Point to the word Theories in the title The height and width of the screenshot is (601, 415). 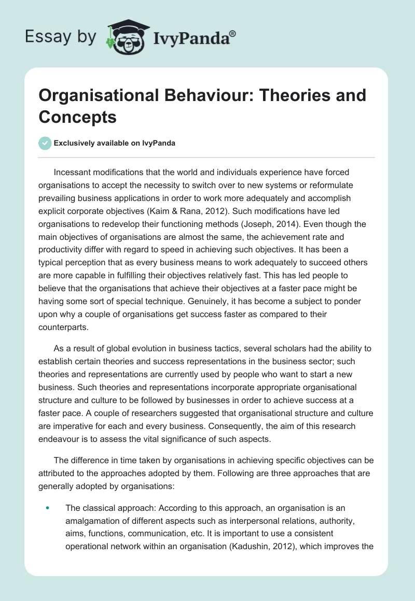[x=300, y=95]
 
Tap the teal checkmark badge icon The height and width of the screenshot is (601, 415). [x=45, y=144]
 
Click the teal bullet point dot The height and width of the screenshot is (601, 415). [x=48, y=508]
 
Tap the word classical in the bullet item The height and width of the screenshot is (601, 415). [x=97, y=508]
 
